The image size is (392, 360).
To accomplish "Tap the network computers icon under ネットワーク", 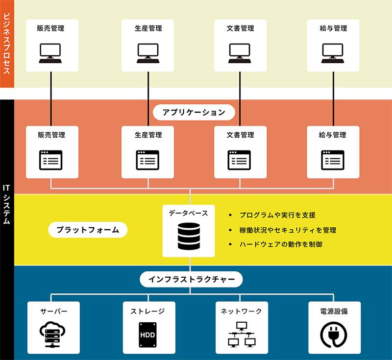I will click(242, 334).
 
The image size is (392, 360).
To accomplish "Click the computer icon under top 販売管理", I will click(51, 52).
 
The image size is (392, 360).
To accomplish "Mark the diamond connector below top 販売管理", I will click(51, 93).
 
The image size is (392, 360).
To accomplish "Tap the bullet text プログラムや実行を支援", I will click(277, 215).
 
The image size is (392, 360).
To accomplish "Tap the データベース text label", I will click(189, 213).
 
